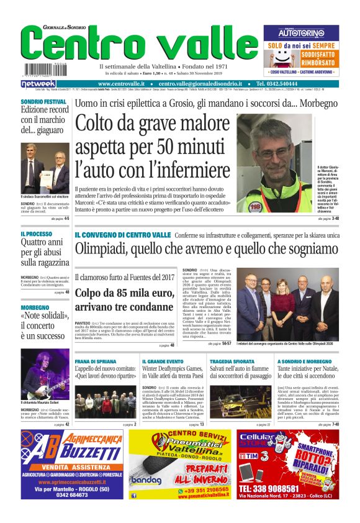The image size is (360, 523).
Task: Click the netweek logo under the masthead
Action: (x=38, y=83)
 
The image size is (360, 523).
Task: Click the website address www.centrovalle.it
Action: (x=122, y=83)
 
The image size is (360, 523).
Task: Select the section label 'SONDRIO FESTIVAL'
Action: (x=43, y=101)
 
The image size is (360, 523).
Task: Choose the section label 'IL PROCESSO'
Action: (x=36, y=234)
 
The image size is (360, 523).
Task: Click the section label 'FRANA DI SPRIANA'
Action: (x=95, y=361)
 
